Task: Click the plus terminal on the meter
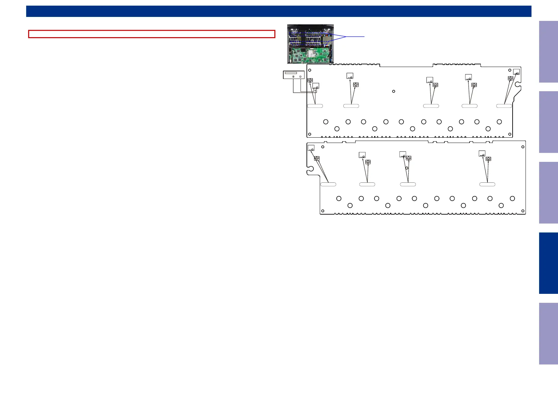[294, 77]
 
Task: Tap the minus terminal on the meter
[300, 77]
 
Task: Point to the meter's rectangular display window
[291, 73]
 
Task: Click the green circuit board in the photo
[310, 55]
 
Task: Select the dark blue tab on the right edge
[548, 263]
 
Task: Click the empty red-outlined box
[152, 34]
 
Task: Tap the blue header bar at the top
[279, 11]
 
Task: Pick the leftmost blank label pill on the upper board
[315, 106]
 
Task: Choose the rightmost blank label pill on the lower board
[487, 184]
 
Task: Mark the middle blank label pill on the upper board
[431, 106]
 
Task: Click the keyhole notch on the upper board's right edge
[518, 89]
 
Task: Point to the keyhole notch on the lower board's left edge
[310, 171]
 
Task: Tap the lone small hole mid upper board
[394, 91]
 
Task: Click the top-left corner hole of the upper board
[310, 70]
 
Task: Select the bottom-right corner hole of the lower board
[523, 211]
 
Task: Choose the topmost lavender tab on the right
[548, 52]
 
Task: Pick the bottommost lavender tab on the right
[548, 333]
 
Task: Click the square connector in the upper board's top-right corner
[516, 72]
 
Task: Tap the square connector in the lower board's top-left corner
[311, 148]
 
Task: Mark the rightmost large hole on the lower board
[512, 198]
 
